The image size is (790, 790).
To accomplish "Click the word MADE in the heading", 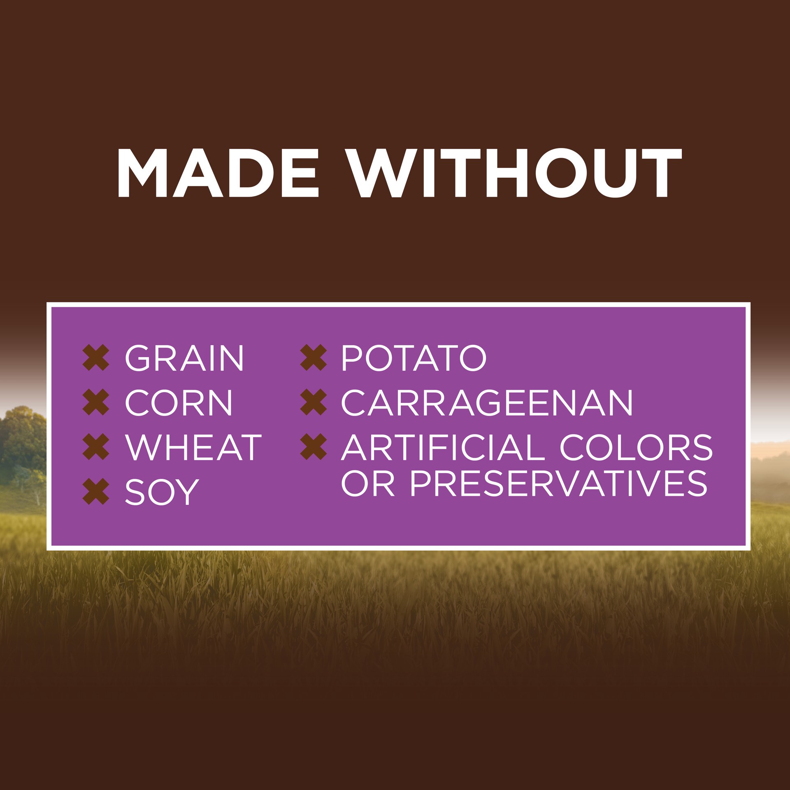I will click(x=218, y=173).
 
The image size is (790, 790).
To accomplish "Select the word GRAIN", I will click(x=184, y=358).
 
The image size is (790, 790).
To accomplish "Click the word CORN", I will click(x=179, y=402).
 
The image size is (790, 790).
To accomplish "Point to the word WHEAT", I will click(x=193, y=447).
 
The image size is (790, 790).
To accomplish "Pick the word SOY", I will click(x=162, y=492).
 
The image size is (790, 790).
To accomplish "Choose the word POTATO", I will click(x=414, y=358).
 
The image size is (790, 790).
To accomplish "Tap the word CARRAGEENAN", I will click(x=487, y=402).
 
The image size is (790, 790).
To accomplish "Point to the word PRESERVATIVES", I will click(x=558, y=483).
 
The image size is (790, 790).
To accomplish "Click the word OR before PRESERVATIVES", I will click(x=368, y=483).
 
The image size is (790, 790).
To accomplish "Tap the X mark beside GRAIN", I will click(x=96, y=358).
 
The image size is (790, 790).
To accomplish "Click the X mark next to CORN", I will click(x=96, y=402).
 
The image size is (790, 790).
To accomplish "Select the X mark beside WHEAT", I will click(x=96, y=447).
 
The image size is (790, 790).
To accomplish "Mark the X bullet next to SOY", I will click(x=96, y=492).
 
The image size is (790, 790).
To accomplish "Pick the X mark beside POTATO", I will click(x=314, y=358).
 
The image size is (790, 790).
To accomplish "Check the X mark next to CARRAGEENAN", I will click(x=314, y=402).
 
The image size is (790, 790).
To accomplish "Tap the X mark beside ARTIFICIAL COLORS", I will click(x=314, y=447).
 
